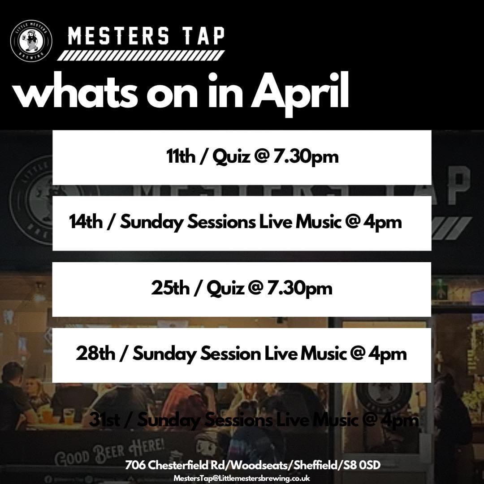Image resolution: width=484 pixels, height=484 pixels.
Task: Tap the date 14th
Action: click(86, 222)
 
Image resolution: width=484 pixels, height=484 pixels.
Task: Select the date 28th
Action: click(95, 354)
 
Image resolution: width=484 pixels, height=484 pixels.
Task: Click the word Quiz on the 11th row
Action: click(232, 158)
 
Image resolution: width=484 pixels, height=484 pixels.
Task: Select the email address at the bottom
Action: click(242, 478)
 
